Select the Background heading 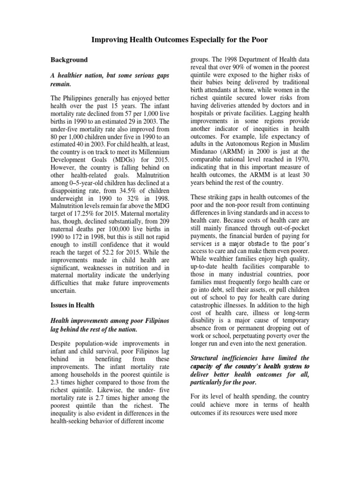pos(69,60)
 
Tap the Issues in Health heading pos(73,305)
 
